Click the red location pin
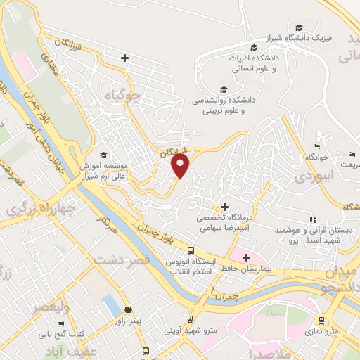click(181, 165)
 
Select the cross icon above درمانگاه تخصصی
click(224, 207)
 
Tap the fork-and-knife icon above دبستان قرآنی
click(313, 219)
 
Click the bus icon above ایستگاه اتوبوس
click(190, 250)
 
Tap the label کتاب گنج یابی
click(61, 333)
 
